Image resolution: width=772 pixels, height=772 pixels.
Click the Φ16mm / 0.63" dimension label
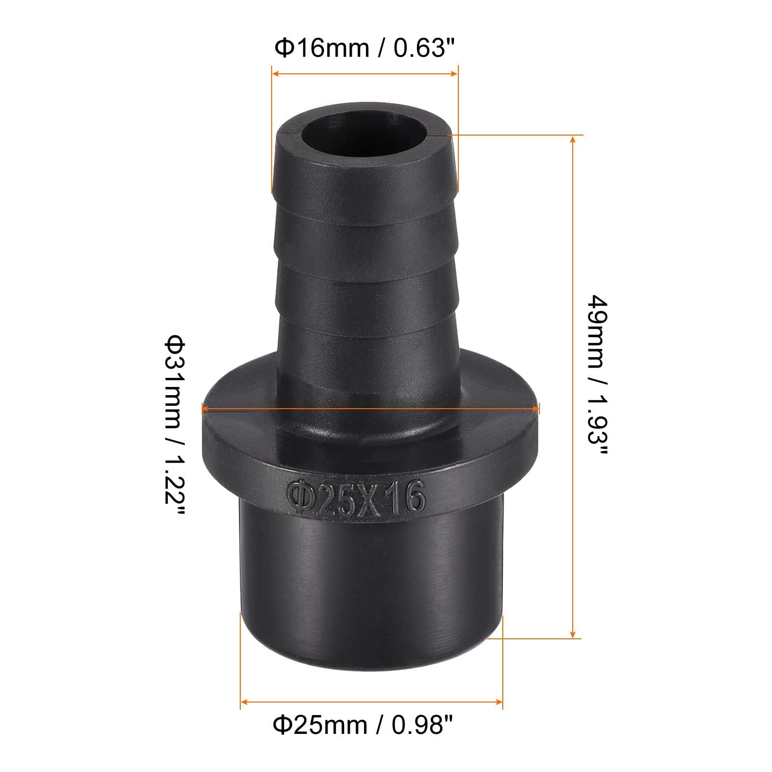[x=365, y=48]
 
